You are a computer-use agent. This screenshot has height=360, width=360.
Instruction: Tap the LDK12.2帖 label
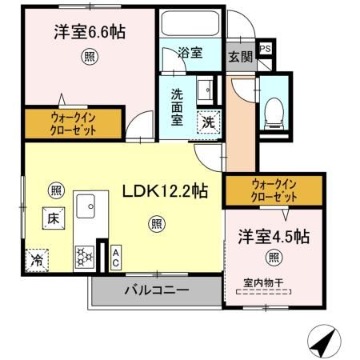[166, 192]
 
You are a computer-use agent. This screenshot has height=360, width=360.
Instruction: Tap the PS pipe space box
[266, 48]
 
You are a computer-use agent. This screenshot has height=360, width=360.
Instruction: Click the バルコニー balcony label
[155, 290]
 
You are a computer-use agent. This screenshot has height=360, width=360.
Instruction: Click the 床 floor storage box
[50, 216]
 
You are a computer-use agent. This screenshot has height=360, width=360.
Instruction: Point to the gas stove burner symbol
[85, 256]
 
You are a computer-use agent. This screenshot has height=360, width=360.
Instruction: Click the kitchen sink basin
[85, 210]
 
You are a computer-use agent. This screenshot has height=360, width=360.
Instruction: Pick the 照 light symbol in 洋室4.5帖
[274, 257]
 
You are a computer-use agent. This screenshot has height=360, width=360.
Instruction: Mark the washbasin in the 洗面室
[205, 89]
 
